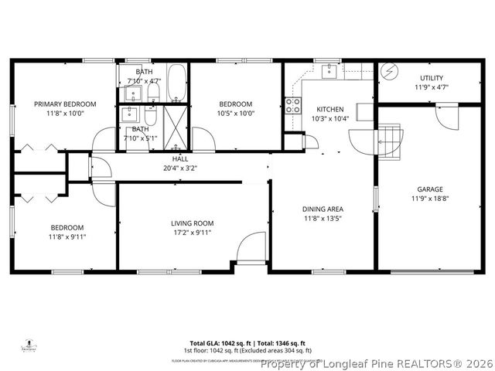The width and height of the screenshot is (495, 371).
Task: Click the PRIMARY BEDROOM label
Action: [x=64, y=104]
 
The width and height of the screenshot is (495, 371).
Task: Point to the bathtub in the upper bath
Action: [x=176, y=83]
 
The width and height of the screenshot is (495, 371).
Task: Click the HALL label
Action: [x=169, y=159]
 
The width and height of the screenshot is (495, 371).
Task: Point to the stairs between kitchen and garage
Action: [x=391, y=139]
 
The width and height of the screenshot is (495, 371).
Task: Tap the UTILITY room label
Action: [x=432, y=78]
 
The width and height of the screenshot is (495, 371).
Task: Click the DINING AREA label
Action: [x=323, y=209]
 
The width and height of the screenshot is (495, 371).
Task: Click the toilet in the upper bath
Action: [x=153, y=93]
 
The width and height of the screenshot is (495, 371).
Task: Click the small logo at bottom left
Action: [x=29, y=345]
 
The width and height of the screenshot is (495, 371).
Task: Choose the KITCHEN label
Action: [x=329, y=109]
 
